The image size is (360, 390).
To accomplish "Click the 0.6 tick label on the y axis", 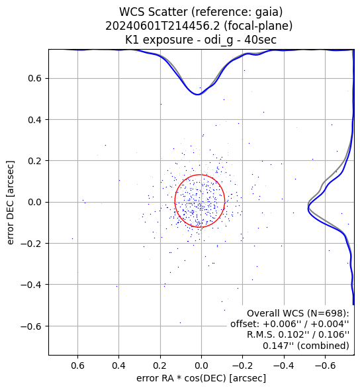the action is coord(35,78).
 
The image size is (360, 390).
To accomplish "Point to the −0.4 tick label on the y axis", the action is coord(30,284).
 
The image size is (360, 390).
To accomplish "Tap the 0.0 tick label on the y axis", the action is coord(35,202).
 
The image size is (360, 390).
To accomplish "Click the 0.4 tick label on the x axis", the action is coord(119,366).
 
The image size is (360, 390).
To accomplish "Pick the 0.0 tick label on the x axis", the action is coord(201,366).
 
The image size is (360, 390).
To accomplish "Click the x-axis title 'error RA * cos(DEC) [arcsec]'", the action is coord(201,378).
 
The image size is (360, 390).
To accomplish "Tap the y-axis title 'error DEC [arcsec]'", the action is coord(11,203).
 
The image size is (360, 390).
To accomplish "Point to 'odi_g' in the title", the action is coord(218,40).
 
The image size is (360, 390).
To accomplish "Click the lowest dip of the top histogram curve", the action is coord(197,95).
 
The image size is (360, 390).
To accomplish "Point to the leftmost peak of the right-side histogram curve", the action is coord(308,207).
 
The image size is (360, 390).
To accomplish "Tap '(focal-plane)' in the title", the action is coord(258,26).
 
